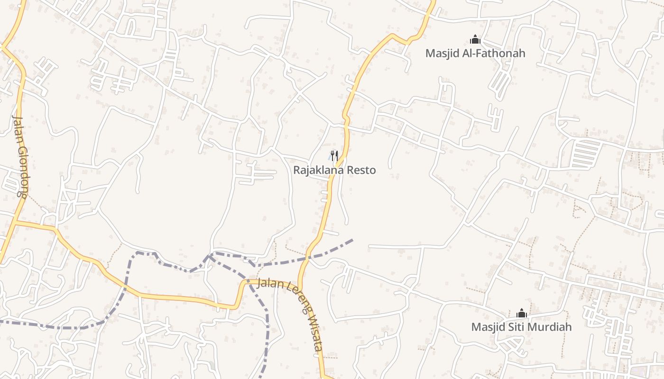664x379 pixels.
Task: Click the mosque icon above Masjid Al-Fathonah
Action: tap(475, 40)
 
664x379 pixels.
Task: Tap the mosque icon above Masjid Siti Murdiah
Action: tap(521, 313)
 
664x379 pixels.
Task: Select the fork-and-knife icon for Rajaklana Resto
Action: tap(334, 155)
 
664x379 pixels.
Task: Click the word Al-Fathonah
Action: tap(495, 53)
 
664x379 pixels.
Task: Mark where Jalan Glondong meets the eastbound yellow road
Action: tap(16, 221)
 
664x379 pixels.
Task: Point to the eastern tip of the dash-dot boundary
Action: tap(352, 240)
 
